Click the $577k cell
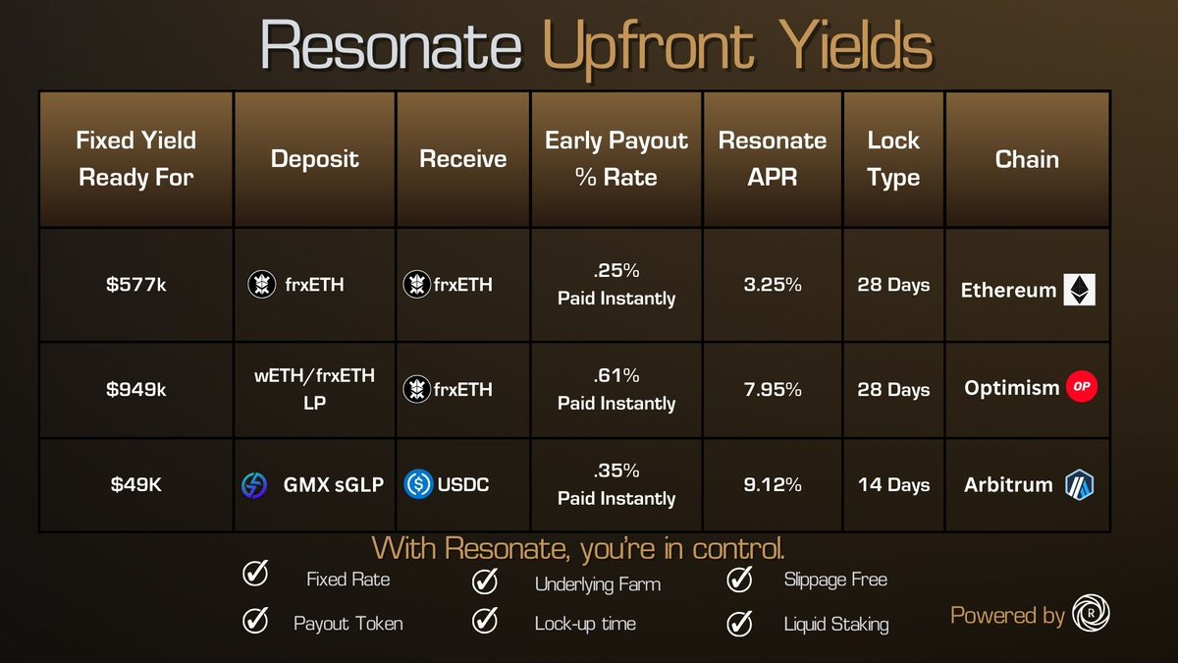135,285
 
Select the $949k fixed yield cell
135,390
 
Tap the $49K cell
135,484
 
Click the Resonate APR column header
773,158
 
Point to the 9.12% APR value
773,484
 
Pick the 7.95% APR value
773,390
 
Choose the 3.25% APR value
773,285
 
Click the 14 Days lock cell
893,484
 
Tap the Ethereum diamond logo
1080,290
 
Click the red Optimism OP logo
1081,387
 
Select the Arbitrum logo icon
1080,484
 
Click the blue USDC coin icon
418,484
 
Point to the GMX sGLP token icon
254,485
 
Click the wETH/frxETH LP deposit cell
314,390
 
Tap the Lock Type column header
893,158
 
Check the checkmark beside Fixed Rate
255,576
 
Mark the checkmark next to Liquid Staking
739,622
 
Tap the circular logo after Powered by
1091,614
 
